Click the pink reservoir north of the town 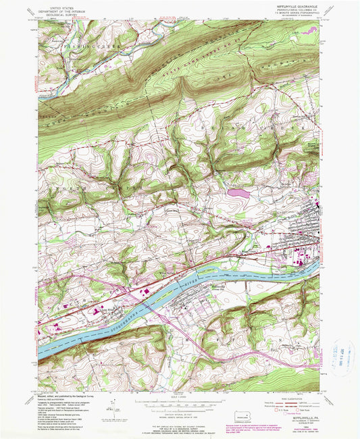237,192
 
